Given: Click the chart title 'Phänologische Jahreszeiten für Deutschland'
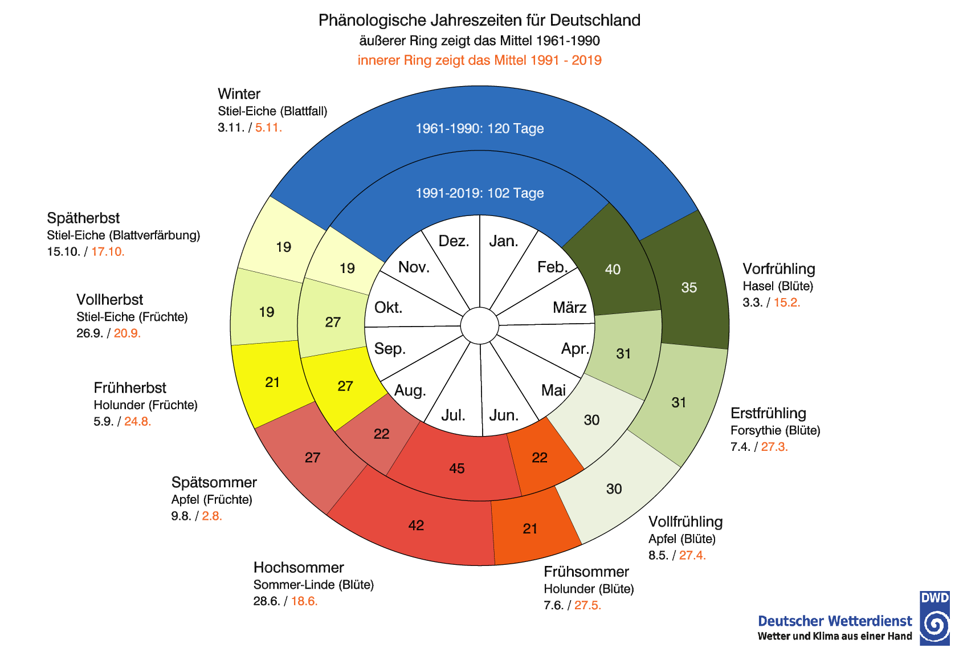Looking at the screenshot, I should (x=479, y=21).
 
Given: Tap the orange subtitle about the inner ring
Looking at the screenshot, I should (x=479, y=60).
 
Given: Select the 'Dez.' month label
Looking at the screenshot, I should (x=454, y=241).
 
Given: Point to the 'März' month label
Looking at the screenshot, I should (x=569, y=308).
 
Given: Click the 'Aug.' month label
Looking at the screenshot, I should (x=410, y=390).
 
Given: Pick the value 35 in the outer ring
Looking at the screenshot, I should (x=689, y=288).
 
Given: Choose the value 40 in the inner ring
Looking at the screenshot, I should (x=613, y=270).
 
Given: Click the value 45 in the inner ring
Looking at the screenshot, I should (x=457, y=468).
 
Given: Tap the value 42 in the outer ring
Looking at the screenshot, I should (x=416, y=525).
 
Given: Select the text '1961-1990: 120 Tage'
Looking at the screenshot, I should (x=479, y=129).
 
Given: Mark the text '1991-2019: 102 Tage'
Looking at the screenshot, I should (x=479, y=193).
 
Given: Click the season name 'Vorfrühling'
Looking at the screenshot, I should (x=778, y=269).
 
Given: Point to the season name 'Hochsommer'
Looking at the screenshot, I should (x=299, y=568).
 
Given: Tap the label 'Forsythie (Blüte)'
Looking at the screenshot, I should (x=775, y=430).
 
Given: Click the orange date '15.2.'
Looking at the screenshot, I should (x=786, y=303).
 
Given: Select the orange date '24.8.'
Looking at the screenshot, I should (x=137, y=422).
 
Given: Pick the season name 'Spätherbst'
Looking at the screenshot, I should (x=83, y=218).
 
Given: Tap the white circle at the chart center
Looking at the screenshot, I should (x=479, y=326).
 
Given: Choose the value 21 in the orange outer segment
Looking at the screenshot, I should (x=530, y=529).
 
